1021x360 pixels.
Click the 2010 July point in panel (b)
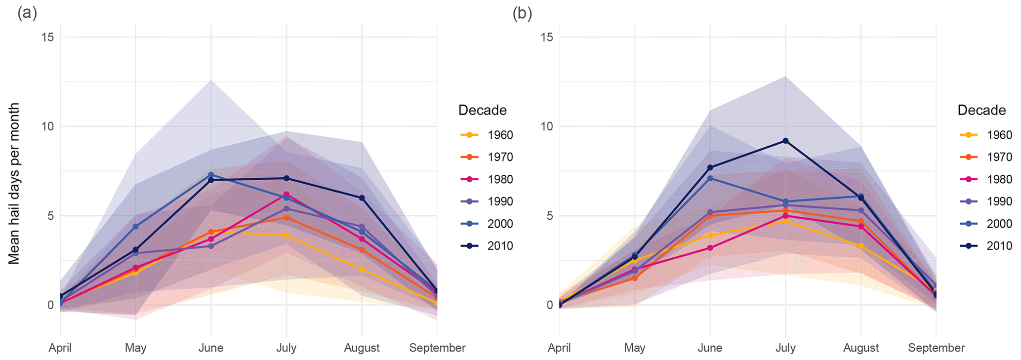785,141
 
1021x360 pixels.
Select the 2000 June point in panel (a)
211,175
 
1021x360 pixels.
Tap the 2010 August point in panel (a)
362,198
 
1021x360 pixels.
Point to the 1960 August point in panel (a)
362,269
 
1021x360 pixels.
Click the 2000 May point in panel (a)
135,226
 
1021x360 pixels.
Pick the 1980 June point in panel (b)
710,248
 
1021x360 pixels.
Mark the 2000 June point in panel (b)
710,178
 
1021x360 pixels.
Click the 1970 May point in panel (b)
635,278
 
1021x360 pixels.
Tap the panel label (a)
27,13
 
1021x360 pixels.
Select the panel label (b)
522,13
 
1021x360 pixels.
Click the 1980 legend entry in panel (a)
500,179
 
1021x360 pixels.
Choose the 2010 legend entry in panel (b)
999,246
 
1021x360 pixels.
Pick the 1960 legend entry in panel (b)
999,135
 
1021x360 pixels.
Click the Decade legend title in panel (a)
482,110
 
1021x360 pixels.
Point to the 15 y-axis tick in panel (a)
48,38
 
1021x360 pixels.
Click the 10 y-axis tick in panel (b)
547,126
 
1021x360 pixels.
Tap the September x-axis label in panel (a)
437,348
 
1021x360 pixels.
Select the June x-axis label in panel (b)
710,348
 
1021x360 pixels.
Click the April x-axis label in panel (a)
60,348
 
